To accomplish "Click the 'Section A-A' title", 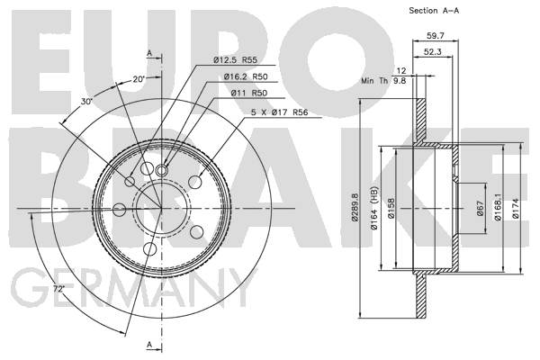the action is (434, 11).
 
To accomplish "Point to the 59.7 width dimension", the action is (436, 35).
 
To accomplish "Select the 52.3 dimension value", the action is (432, 51).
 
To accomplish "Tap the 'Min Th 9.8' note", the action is (383, 81).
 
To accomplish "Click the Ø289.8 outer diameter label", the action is (355, 207).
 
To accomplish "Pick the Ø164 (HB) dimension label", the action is (374, 208).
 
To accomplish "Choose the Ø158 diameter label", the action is (391, 208).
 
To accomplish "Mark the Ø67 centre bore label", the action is (481, 208).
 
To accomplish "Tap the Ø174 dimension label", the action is (516, 209).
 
